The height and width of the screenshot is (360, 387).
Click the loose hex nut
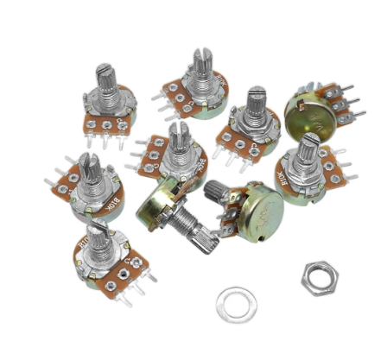click(x=319, y=277)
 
